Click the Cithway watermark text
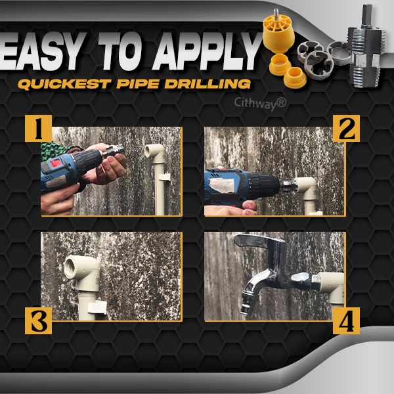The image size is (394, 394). coord(260,102)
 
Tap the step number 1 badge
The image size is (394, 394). coord(38,129)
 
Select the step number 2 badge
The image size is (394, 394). coord(345,129)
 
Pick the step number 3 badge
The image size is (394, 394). coord(38,322)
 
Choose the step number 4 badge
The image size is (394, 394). coord(345,322)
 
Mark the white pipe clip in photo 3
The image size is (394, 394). coord(97,306)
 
